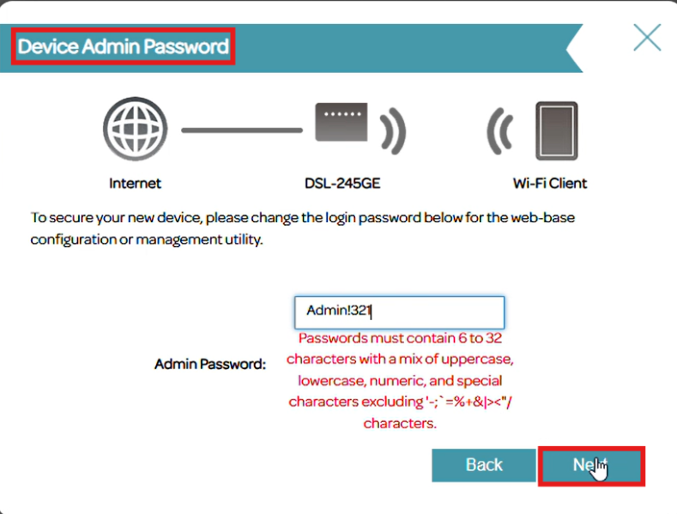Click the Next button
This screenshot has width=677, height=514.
[590, 465]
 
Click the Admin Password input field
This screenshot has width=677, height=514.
[399, 312]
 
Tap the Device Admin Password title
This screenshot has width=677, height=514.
[124, 46]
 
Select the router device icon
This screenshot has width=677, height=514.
[341, 125]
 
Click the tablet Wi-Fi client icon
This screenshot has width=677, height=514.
[557, 131]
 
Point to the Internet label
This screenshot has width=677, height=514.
[135, 183]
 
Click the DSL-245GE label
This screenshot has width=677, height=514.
[342, 183]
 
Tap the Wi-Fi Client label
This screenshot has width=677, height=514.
[550, 183]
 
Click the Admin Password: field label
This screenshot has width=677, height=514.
[210, 364]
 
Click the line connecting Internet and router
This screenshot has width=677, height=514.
[242, 130]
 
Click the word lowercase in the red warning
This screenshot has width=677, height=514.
[330, 379]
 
